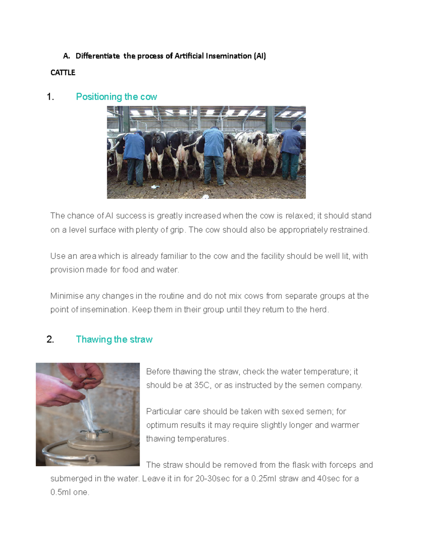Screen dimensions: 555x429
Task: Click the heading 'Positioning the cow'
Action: [116, 97]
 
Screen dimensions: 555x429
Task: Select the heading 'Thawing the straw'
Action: [114, 339]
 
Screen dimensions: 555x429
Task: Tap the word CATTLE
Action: [63, 73]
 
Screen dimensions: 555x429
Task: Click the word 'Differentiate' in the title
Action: [98, 56]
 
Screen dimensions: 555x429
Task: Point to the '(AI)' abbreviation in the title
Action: [260, 56]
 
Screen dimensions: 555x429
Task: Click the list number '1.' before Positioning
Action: [50, 97]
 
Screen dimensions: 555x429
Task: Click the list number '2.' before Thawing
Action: [50, 339]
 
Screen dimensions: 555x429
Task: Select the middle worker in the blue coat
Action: [213, 154]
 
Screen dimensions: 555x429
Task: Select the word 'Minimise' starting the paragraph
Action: [66, 296]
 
